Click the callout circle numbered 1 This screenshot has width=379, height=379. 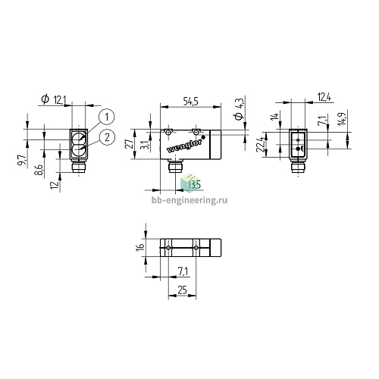pos(107,117)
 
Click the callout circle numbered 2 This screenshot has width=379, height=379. pos(107,137)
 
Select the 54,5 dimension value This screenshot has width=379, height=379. pos(191,102)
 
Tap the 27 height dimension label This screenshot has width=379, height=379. pos(130,144)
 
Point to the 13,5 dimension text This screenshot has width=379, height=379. pos(194,185)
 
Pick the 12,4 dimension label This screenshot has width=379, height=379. pos(324,97)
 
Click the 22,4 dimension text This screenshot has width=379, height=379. pos(260,144)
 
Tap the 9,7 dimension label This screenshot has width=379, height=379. pos(22,160)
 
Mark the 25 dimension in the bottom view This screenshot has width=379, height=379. pos(182,290)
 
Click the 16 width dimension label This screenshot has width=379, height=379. pos(140,247)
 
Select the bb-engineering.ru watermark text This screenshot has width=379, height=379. pos(189,200)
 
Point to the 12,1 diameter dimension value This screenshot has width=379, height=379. pos(60,100)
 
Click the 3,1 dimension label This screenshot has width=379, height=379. pos(146,144)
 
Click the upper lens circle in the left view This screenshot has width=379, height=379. pos(79,139)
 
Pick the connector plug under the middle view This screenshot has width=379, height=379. pos(175,167)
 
